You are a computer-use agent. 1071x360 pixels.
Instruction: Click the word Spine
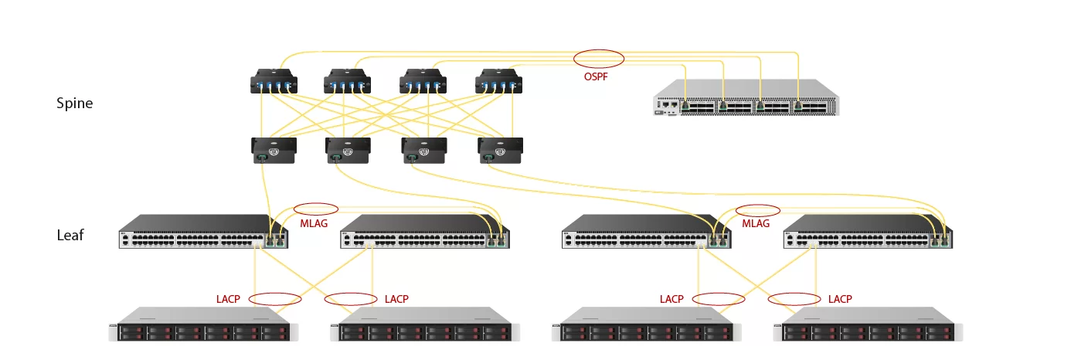[74, 103]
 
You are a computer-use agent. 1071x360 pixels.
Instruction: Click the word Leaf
[70, 235]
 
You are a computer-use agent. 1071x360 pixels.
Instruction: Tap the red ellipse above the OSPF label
[599, 58]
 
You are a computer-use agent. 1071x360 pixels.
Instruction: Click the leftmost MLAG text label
[313, 223]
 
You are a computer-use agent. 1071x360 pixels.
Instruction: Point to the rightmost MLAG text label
[756, 223]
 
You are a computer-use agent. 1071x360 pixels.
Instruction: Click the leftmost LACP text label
[229, 299]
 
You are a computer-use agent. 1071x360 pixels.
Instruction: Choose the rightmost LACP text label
[840, 299]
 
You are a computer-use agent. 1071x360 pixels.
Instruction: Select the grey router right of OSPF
[746, 97]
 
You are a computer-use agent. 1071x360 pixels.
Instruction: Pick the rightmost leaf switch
[868, 232]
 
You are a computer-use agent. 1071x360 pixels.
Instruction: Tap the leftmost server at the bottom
[200, 324]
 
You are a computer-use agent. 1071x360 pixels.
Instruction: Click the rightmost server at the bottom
[867, 324]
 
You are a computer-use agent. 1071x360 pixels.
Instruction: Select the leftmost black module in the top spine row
[274, 82]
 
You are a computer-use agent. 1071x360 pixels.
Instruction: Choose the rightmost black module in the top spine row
[498, 82]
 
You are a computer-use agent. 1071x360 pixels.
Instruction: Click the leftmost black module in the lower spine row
[274, 150]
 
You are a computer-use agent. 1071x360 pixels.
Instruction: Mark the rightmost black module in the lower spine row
[500, 150]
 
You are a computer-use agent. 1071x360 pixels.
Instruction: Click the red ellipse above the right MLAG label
[758, 209]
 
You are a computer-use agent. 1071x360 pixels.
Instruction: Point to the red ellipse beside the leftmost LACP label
[274, 299]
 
